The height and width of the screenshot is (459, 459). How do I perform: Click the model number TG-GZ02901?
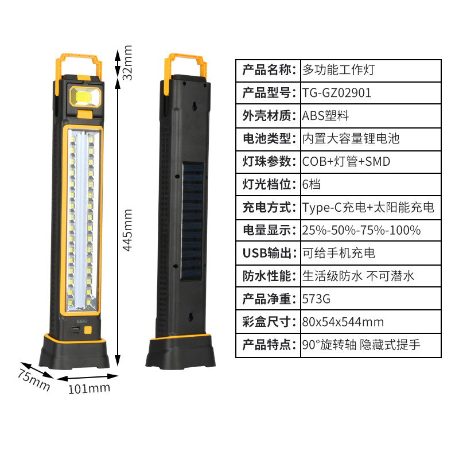pyautogui.click(x=337, y=92)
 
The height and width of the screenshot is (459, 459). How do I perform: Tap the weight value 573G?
pyautogui.click(x=317, y=299)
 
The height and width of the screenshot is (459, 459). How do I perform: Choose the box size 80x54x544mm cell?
pyautogui.click(x=343, y=322)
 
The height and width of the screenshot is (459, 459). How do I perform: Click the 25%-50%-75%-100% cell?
pyautogui.click(x=361, y=230)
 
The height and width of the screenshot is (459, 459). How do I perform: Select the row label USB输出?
pyautogui.click(x=268, y=253)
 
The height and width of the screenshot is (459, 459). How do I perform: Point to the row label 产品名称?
pyautogui.click(x=268, y=69)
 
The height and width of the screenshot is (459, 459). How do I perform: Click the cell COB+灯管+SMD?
pyautogui.click(x=346, y=161)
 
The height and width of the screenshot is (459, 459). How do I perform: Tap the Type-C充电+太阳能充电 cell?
pyautogui.click(x=368, y=207)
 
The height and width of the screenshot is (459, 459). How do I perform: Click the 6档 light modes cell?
pyautogui.click(x=313, y=184)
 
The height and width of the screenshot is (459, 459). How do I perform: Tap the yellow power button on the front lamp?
pyautogui.click(x=88, y=331)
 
